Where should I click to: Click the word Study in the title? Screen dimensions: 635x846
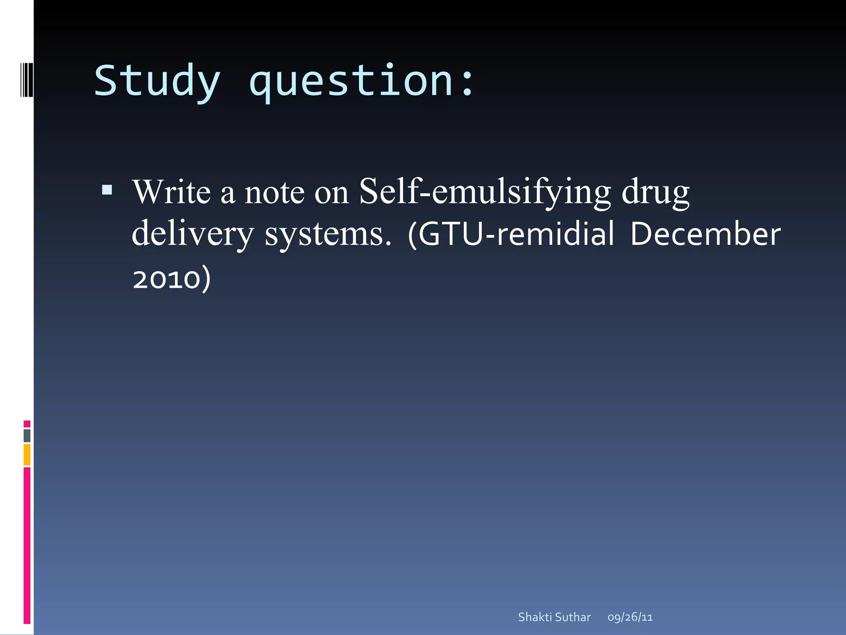[x=157, y=81]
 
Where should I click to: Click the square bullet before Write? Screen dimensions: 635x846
[x=107, y=190]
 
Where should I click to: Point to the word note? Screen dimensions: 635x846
[x=274, y=193]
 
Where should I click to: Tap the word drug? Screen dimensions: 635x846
[x=656, y=192]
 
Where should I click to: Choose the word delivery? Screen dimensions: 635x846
[x=192, y=234]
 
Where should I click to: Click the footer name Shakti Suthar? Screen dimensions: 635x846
[x=554, y=617]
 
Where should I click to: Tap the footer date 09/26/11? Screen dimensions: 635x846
[x=630, y=617]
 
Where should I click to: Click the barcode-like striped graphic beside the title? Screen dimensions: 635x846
[x=26, y=79]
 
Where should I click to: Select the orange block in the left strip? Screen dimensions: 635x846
[x=27, y=454]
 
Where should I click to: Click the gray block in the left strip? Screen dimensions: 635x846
[x=27, y=436]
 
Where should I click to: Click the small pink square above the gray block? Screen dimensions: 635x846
[x=27, y=424]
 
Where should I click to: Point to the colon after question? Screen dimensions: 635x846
[x=468, y=85]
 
